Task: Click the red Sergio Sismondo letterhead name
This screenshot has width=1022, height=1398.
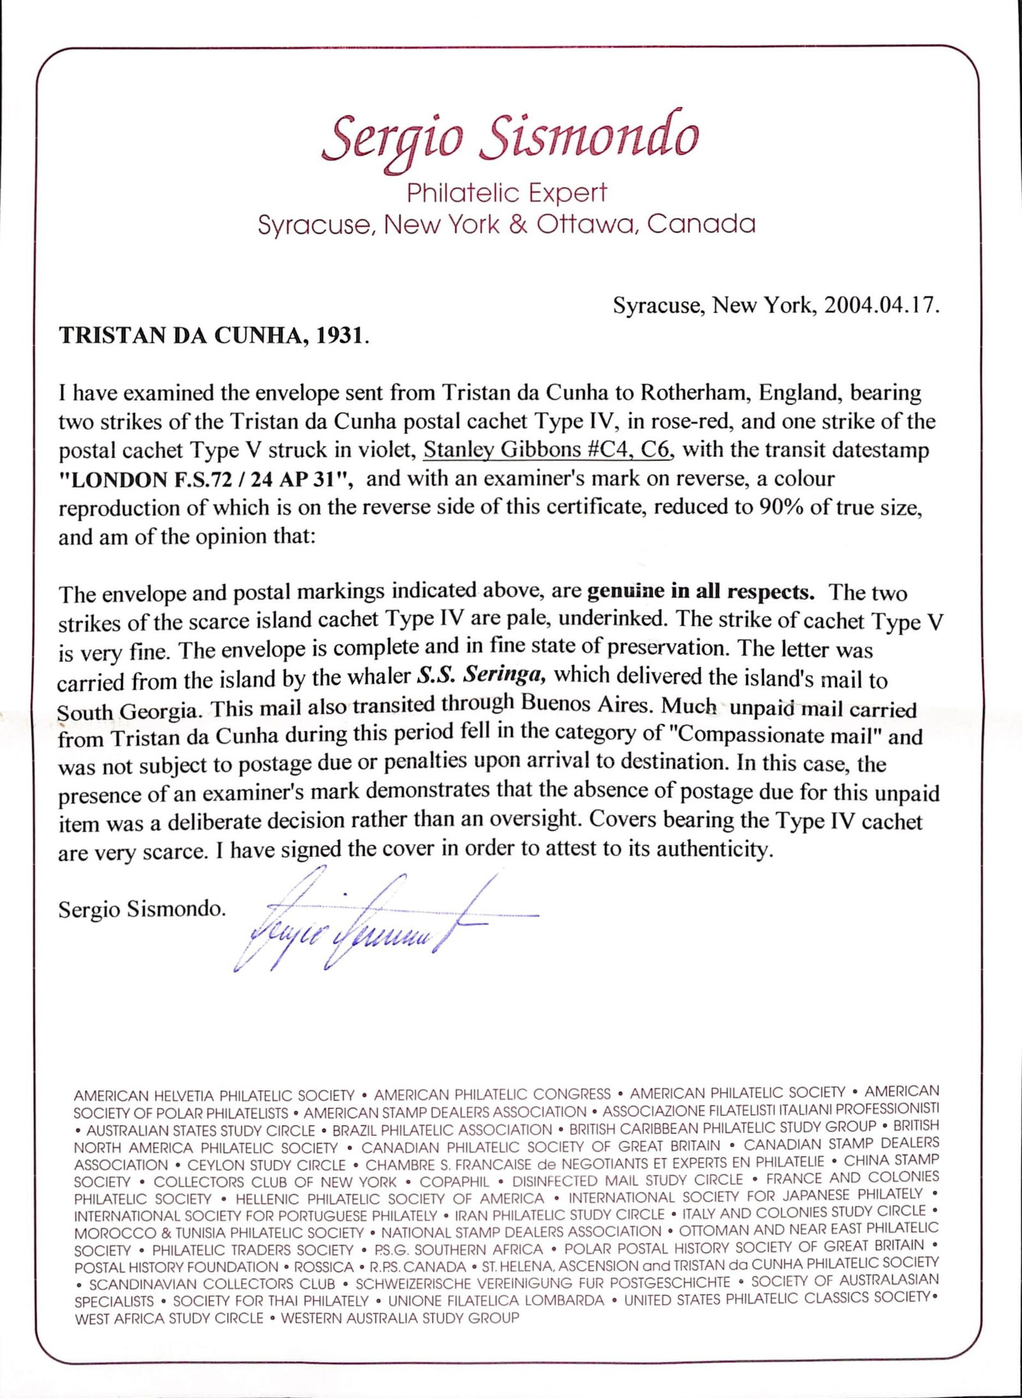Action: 509,138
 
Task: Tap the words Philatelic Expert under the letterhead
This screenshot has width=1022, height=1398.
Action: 507,192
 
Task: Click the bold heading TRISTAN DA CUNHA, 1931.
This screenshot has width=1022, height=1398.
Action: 213,336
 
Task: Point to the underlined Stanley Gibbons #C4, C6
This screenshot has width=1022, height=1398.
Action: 547,450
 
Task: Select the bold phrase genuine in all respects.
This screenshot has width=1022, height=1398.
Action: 700,592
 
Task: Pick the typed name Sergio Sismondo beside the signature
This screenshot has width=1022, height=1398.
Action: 142,909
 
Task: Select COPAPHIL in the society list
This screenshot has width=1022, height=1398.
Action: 454,1181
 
